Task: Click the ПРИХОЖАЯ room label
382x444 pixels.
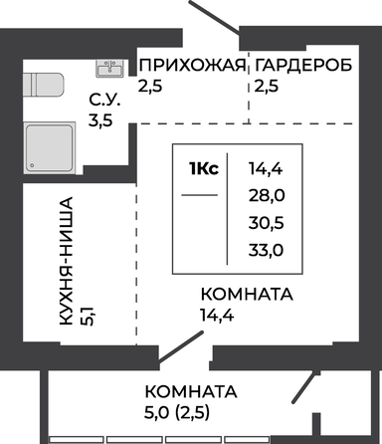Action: tap(193, 65)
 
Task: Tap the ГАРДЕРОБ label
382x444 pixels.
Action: tap(303, 65)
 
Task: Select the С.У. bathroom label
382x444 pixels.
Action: tap(104, 100)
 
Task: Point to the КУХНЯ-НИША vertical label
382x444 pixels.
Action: tap(66, 261)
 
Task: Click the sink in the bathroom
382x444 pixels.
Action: tap(109, 69)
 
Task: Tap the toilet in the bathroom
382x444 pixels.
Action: tap(43, 85)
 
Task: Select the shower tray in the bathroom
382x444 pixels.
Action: tap(50, 147)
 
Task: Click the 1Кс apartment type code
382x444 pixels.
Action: tap(204, 169)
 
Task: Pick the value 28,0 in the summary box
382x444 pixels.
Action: tap(267, 196)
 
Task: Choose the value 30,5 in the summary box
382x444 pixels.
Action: tap(267, 223)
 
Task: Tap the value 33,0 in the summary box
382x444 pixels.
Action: tap(267, 250)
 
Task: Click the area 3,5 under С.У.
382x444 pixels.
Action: tap(100, 120)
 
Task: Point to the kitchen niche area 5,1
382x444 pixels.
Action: tap(88, 316)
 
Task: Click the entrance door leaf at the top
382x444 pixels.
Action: tap(214, 17)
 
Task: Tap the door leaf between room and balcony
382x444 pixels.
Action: tap(181, 346)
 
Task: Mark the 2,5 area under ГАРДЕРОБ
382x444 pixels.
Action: tap(267, 87)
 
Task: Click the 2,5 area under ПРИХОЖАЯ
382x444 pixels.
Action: tap(150, 87)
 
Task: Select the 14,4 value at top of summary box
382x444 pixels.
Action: tap(266, 169)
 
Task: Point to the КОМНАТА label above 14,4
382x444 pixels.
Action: tap(247, 295)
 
